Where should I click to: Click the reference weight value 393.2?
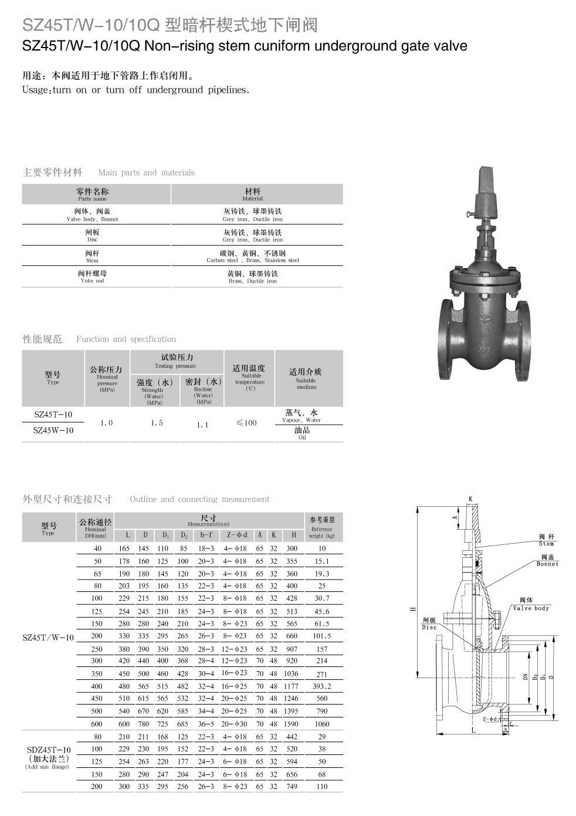point(322,686)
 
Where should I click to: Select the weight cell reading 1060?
point(322,724)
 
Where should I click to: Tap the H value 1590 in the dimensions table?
point(291,724)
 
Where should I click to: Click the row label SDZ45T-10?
point(49,750)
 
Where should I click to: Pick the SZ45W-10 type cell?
point(53,431)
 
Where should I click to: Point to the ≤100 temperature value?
point(246,423)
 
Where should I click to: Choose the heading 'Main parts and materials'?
point(146,172)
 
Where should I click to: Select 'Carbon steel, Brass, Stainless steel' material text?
point(253,260)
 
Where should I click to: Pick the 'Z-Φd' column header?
point(236,535)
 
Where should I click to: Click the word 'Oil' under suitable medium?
point(302,438)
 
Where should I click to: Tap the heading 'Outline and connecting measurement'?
point(199,499)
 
